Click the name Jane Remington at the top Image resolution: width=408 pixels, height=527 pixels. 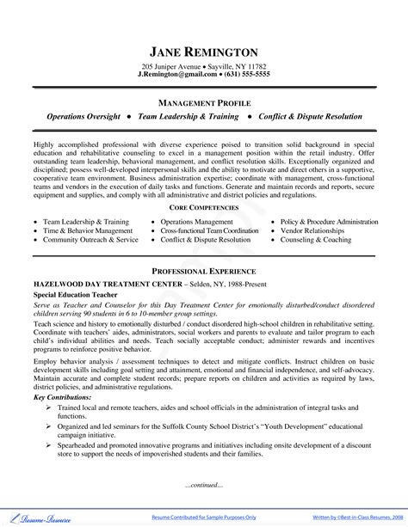(x=204, y=51)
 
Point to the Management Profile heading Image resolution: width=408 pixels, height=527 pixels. (x=204, y=101)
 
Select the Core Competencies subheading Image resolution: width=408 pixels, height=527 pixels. (x=204, y=209)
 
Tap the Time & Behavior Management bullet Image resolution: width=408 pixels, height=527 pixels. (x=88, y=230)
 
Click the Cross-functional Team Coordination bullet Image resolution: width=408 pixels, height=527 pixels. (x=209, y=230)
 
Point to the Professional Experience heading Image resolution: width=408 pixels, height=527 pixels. (x=204, y=271)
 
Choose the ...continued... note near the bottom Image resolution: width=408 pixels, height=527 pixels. (x=204, y=485)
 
